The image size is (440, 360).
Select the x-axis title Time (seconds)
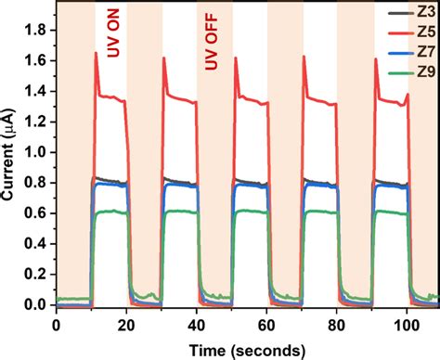pos(247,349)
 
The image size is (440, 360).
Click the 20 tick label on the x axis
pos(127,325)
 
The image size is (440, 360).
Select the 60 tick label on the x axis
pos(267,325)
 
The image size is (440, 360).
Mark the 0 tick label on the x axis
pos(57,325)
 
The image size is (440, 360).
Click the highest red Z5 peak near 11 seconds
pos(97,53)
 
